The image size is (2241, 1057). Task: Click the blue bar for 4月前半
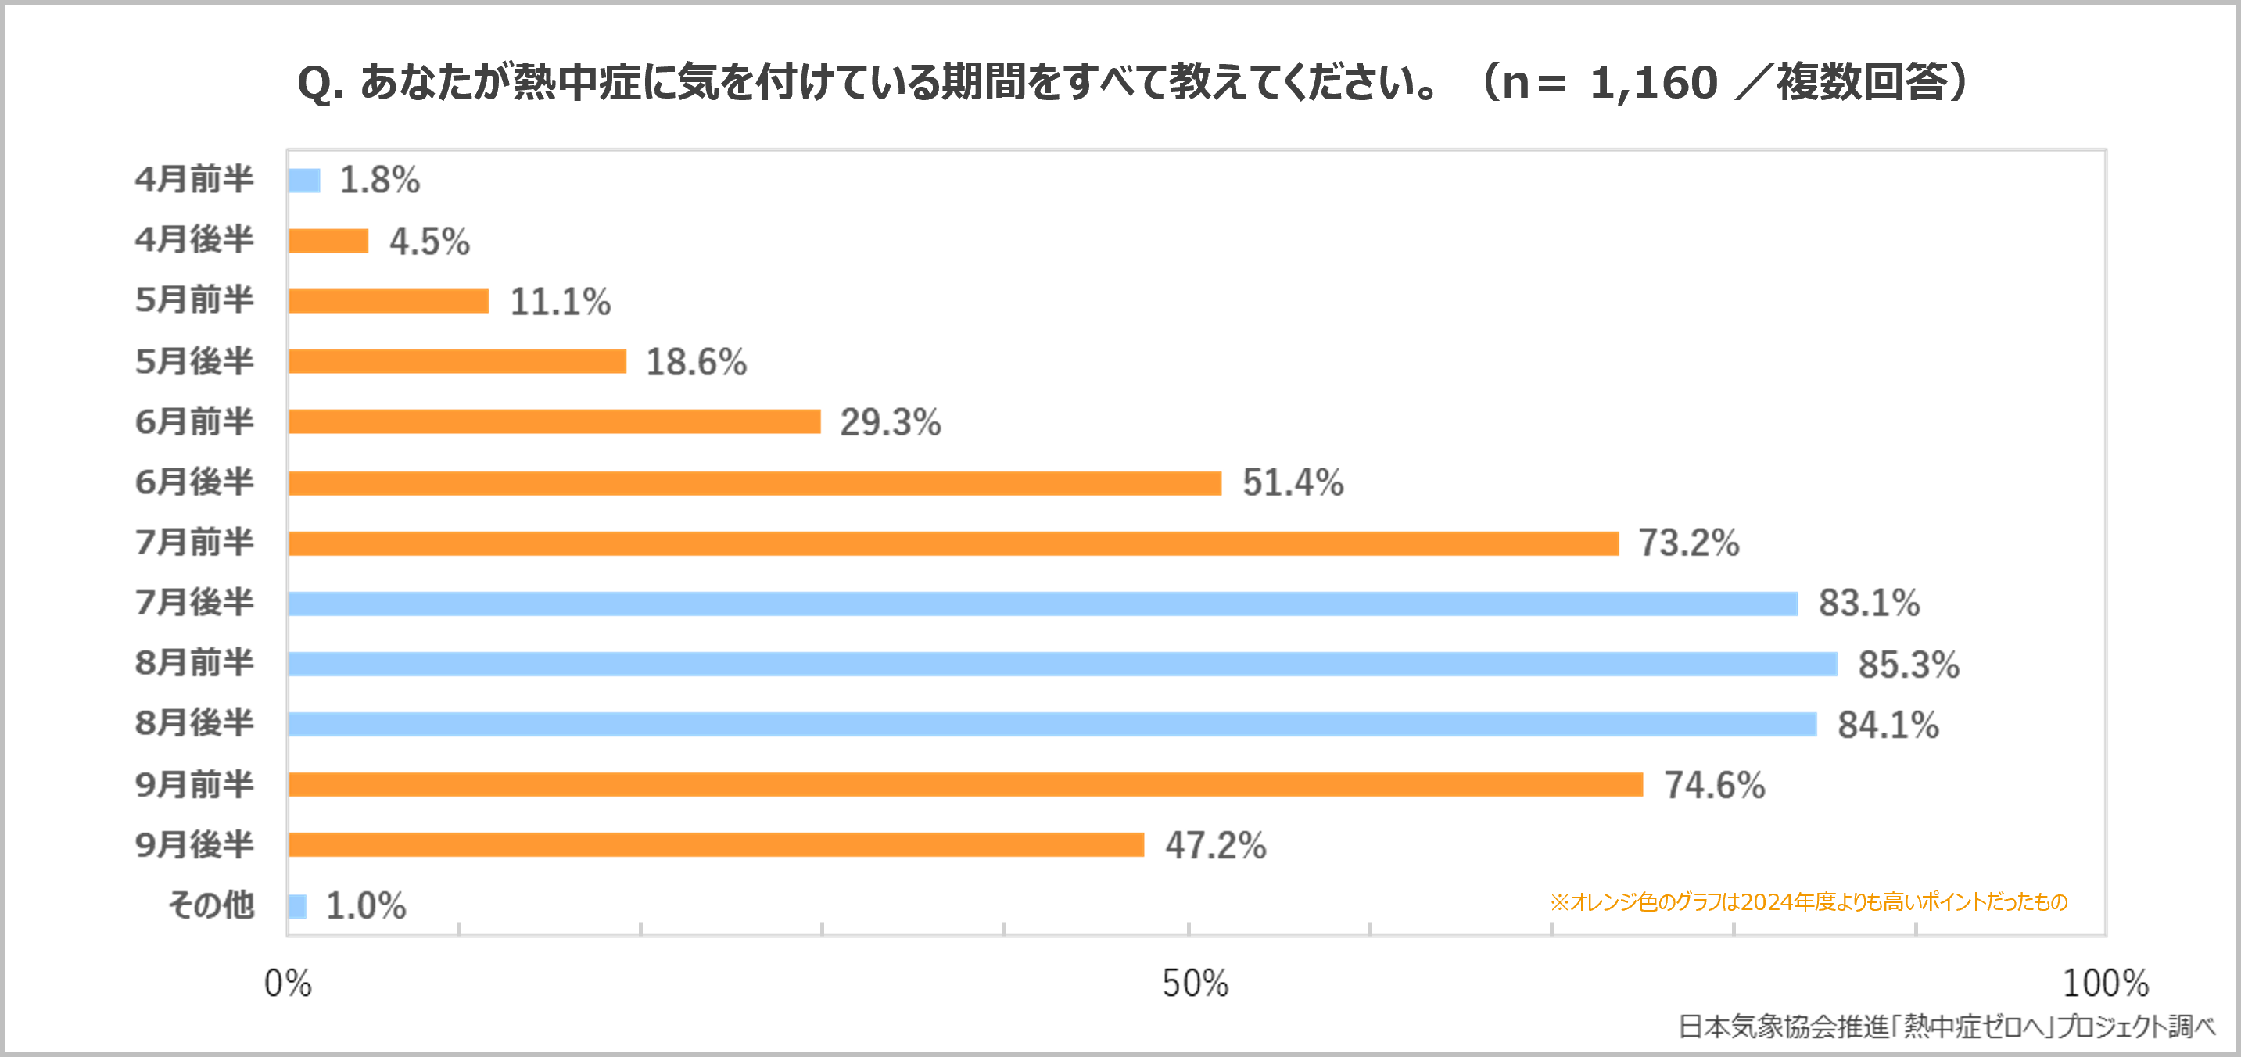pos(304,180)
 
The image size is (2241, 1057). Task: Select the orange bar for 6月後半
pos(755,483)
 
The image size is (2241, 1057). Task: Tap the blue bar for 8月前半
pos(1062,664)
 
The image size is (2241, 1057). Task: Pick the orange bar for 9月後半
pos(715,844)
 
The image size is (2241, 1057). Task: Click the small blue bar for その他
pos(298,905)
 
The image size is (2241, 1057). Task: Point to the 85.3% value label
pos(1909,665)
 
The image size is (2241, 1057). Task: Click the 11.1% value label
pos(560,302)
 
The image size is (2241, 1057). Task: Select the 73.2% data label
pos(1689,543)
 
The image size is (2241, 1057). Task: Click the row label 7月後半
pos(194,602)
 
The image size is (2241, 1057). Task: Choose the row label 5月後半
pos(194,361)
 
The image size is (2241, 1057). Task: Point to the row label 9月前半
pos(194,784)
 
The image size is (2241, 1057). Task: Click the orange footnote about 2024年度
pos(1808,902)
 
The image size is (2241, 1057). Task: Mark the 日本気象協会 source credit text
pos(1945,1027)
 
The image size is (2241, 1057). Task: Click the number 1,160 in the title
pos(1654,84)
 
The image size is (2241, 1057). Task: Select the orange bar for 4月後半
pos(328,241)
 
